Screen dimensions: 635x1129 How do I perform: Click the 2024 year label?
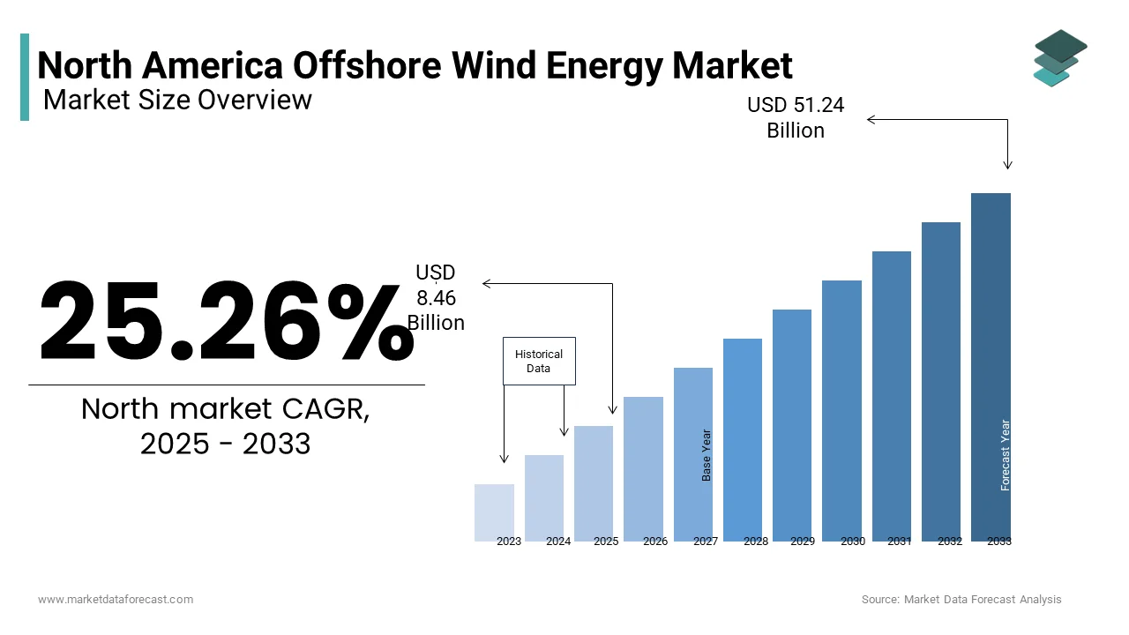coord(558,542)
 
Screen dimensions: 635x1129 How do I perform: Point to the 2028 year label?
coord(756,542)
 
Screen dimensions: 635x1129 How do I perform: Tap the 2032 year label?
coord(950,542)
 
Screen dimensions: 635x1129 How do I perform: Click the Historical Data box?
coord(539,361)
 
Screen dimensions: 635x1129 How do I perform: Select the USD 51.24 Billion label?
coord(796,117)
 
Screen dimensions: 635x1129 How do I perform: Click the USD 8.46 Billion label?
coord(436,298)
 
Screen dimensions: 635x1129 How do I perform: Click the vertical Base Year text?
coord(707,455)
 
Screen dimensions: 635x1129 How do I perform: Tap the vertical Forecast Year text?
coord(1006,455)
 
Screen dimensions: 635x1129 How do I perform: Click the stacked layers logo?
coord(1059,58)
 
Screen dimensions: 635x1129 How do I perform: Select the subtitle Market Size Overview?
coord(177,100)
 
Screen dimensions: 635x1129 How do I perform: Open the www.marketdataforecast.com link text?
coord(116,599)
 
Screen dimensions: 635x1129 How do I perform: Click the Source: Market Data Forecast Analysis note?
coord(961,599)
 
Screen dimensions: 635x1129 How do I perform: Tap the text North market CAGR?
coord(226,409)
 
